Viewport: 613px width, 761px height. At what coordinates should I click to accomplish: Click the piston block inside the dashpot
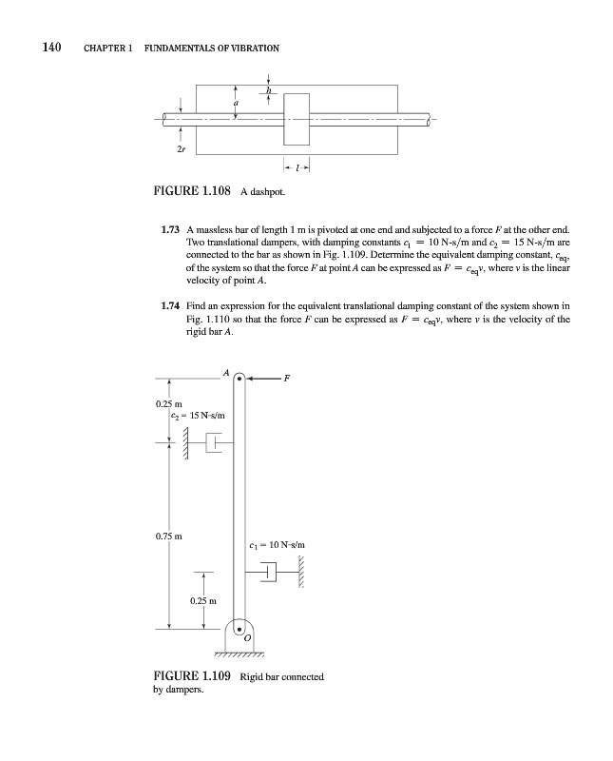coord(297,119)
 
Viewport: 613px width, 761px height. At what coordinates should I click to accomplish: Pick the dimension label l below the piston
coord(297,167)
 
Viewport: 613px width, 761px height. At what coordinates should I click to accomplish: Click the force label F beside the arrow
coord(286,379)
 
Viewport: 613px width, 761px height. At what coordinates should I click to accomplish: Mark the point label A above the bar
coord(227,372)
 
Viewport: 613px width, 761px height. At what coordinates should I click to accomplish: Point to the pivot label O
coord(247,640)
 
